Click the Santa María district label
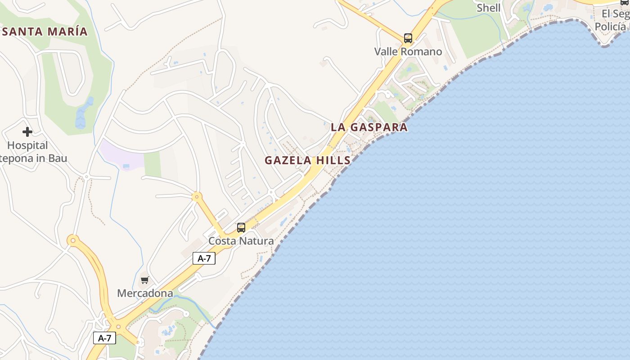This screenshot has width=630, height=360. point(45,31)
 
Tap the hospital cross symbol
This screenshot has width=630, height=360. point(27,132)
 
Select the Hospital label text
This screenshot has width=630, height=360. point(27,145)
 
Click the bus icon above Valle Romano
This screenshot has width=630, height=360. point(408,38)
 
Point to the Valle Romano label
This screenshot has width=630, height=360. point(408,52)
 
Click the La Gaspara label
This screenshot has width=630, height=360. point(369,127)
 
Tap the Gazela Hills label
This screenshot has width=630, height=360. point(307,160)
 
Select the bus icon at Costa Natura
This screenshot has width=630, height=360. point(241,228)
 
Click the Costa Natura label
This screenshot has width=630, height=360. point(241,241)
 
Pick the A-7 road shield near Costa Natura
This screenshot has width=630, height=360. point(204,258)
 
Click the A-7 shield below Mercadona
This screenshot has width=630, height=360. point(104,338)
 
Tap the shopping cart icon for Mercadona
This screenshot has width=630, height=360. point(145,280)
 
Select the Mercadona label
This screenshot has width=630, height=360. point(145,293)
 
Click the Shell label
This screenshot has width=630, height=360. point(488,8)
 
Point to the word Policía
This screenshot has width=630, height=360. point(610,27)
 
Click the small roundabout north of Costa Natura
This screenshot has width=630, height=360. point(196,197)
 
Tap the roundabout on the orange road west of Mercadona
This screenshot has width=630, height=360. point(73,240)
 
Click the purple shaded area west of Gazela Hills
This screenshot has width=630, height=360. point(121,155)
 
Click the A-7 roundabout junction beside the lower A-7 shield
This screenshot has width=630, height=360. point(119,327)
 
